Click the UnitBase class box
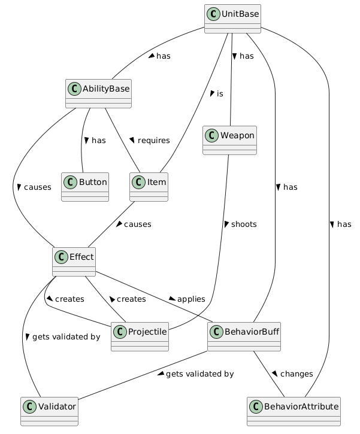[232, 19]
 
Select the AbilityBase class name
[105, 90]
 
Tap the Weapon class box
[230, 140]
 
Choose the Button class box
[84, 186]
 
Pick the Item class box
[148, 186]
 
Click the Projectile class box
[140, 336]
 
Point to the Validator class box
[49, 411]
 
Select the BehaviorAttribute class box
[294, 411]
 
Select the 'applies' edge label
[190, 299]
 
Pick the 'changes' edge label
[296, 374]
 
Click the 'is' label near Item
[220, 95]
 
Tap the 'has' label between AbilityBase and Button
[98, 141]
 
